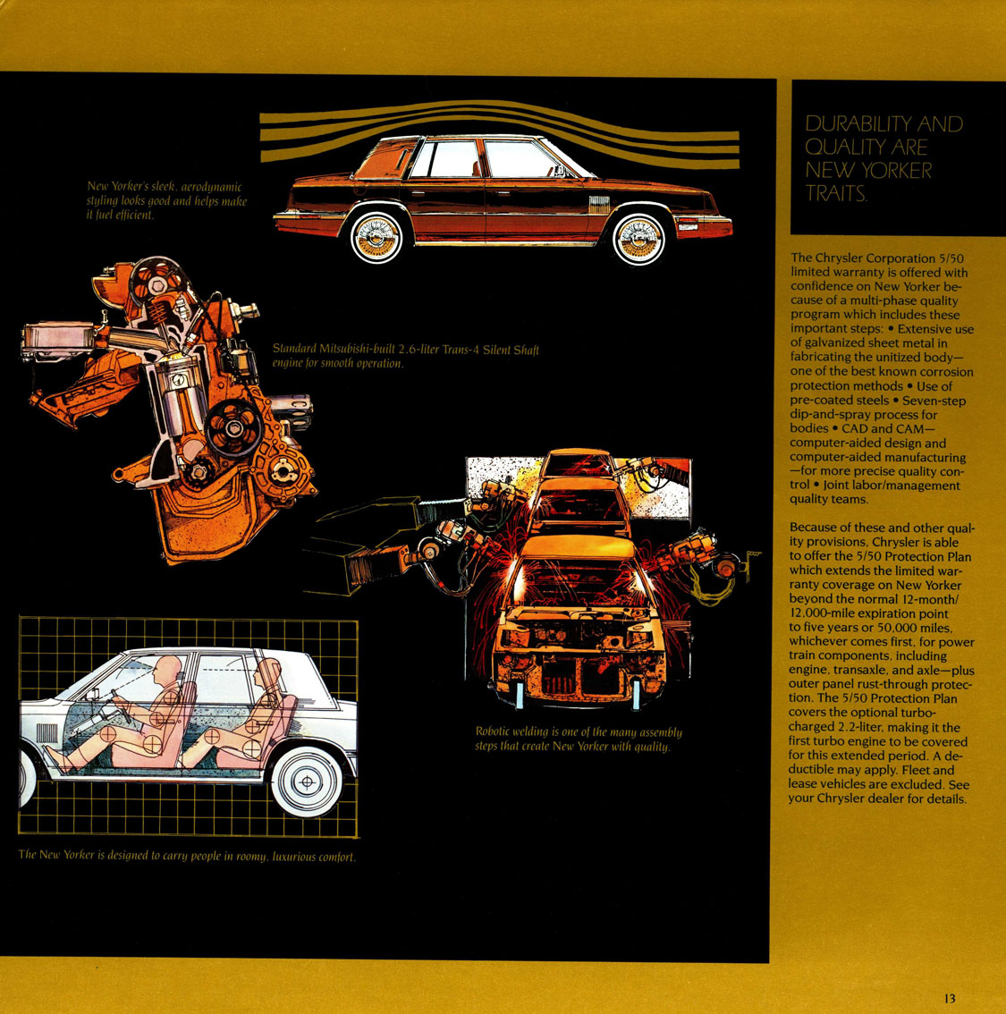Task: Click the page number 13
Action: [949, 999]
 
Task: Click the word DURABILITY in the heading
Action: [858, 123]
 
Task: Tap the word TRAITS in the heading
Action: [835, 193]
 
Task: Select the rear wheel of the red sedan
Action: [377, 237]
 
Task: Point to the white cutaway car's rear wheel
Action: [307, 782]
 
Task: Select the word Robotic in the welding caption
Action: [493, 731]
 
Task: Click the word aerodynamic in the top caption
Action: [211, 187]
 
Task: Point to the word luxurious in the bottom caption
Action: [293, 857]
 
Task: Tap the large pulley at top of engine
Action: [158, 284]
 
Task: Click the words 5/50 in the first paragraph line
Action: [951, 258]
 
